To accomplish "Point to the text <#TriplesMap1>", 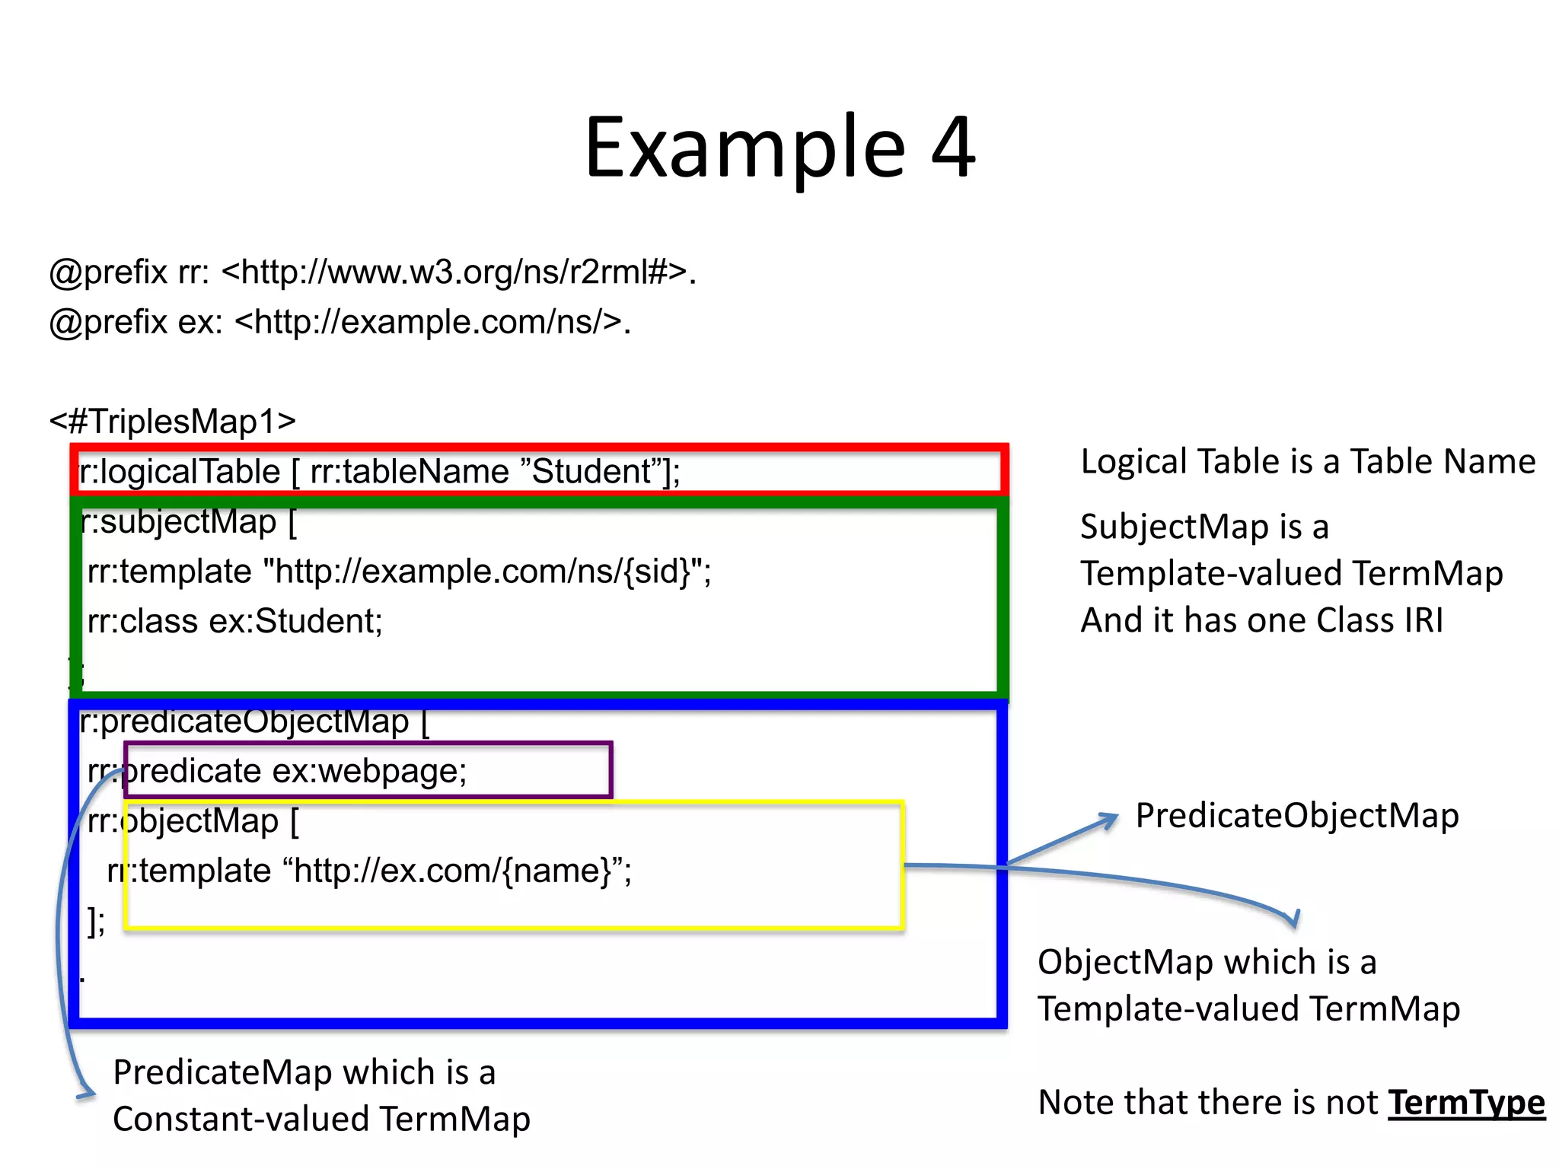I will coord(173,422).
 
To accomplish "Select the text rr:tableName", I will coord(409,472).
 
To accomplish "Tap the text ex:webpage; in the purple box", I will coord(369,772).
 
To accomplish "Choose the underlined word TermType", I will coord(1466,1103).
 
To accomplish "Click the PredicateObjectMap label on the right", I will coord(1296,816).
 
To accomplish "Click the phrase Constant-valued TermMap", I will coord(321,1120).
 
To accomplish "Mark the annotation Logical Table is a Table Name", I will coord(1307,462).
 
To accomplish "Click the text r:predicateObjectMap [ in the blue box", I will coord(254,722).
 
